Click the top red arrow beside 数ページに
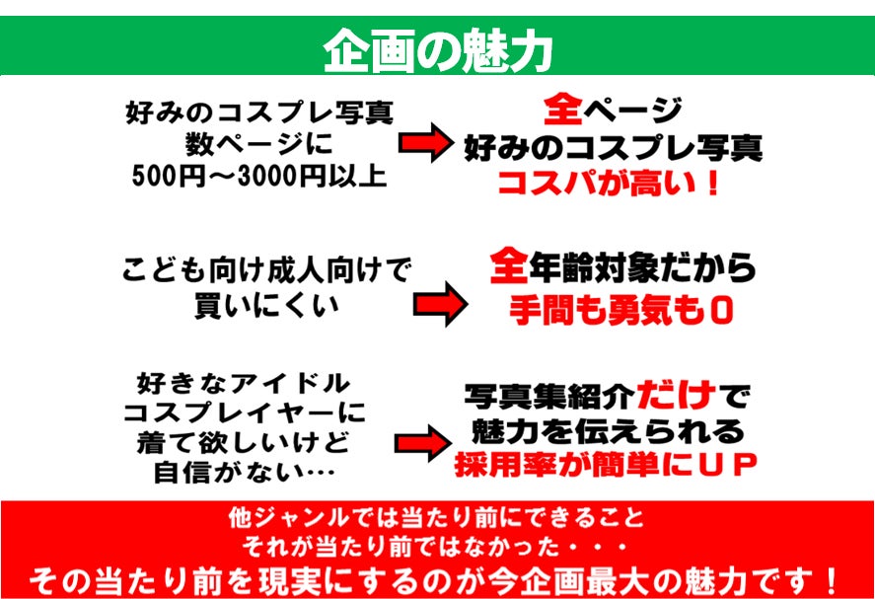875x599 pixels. click(x=426, y=143)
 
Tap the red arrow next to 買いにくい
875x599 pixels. click(x=441, y=304)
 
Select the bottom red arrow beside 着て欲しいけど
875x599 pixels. click(x=423, y=443)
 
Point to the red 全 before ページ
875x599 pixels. click(x=563, y=109)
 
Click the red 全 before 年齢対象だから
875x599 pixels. click(x=509, y=266)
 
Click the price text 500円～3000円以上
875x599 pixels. click(x=259, y=177)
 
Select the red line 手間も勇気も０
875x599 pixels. click(x=620, y=311)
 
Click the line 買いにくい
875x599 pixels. click(x=266, y=304)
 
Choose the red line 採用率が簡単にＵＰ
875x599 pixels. click(x=606, y=465)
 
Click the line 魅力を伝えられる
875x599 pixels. click(x=608, y=431)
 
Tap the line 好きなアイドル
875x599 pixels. click(x=244, y=384)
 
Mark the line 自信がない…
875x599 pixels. click(x=245, y=473)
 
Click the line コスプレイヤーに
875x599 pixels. click(x=244, y=413)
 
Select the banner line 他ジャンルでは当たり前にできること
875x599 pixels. click(x=436, y=517)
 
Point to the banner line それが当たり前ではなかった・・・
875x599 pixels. click(x=436, y=547)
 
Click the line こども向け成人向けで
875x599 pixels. click(x=266, y=270)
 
